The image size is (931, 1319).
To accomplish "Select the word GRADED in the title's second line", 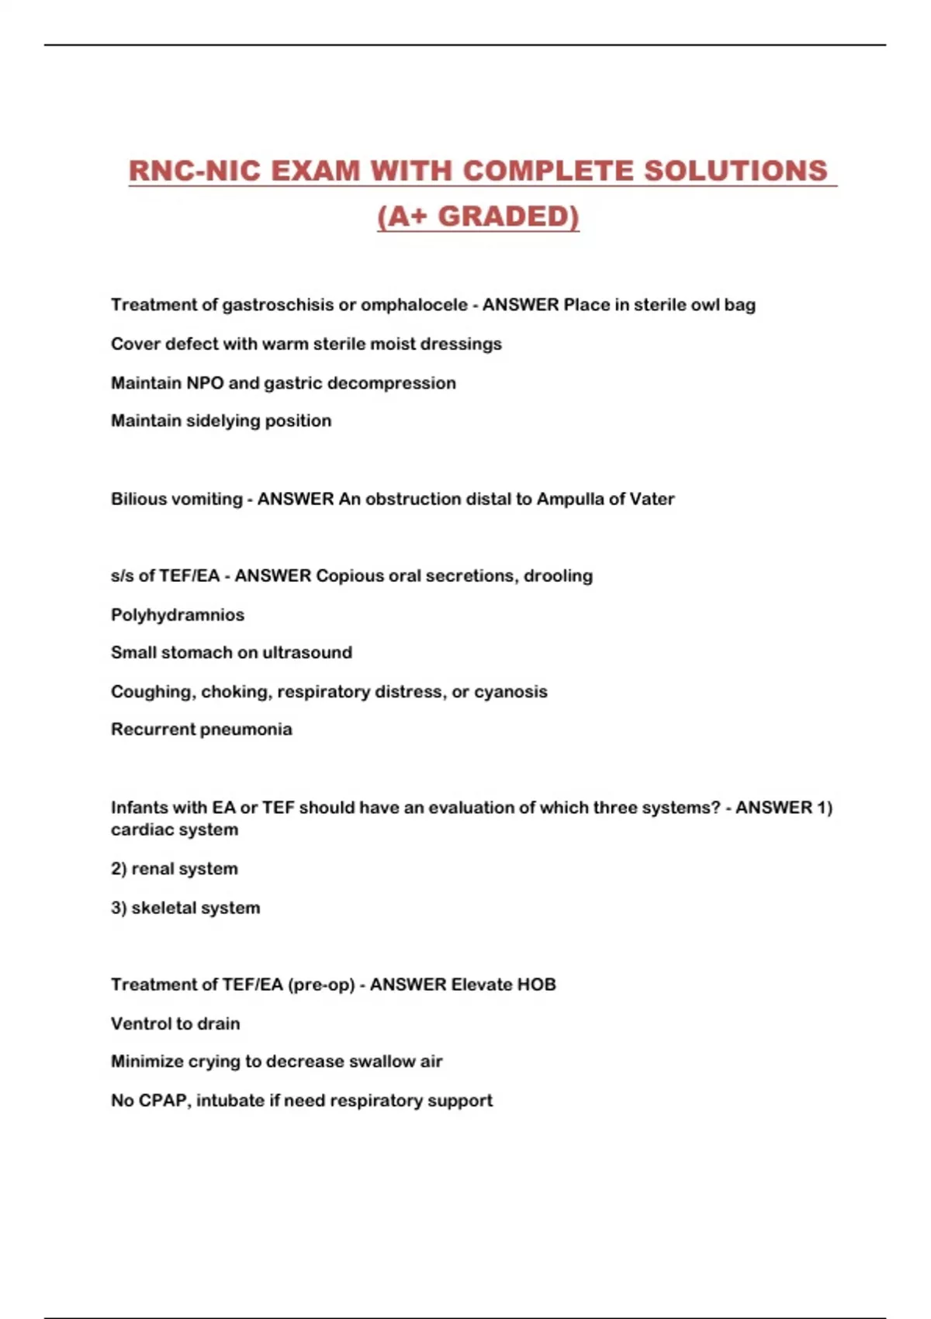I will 507,216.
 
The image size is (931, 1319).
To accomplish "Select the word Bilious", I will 138,499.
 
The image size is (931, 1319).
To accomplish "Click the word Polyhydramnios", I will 178,615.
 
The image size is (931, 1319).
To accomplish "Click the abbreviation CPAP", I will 163,1101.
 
